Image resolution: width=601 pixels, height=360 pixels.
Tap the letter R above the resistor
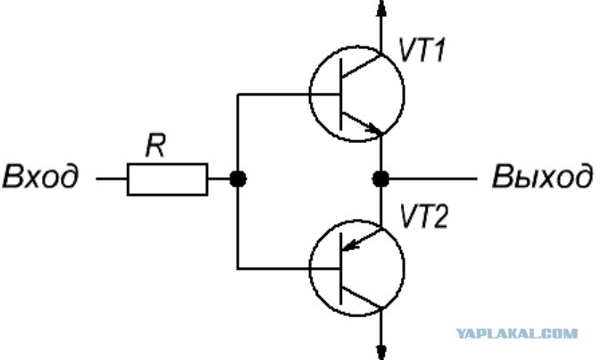click(155, 146)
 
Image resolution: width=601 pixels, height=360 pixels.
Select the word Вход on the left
click(40, 176)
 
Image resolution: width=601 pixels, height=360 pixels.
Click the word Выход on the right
click(542, 176)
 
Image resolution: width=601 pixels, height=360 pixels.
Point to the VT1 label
click(422, 50)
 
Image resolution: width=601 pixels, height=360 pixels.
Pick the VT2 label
click(423, 216)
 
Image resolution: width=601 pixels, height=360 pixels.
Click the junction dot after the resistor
click(238, 179)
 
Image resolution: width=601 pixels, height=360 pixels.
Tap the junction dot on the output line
click(380, 179)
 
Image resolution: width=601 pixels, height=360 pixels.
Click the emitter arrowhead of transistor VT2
click(349, 244)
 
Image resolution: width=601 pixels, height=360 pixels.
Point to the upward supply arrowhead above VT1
click(380, 8)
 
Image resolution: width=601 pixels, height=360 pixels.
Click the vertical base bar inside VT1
click(340, 95)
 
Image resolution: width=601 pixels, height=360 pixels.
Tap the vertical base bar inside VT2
click(340, 269)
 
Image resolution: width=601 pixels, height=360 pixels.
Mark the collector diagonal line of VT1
click(362, 66)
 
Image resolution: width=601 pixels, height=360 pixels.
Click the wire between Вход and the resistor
click(112, 179)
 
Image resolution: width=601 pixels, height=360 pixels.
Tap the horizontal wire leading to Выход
click(433, 179)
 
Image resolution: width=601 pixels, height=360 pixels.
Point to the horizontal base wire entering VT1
click(288, 95)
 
